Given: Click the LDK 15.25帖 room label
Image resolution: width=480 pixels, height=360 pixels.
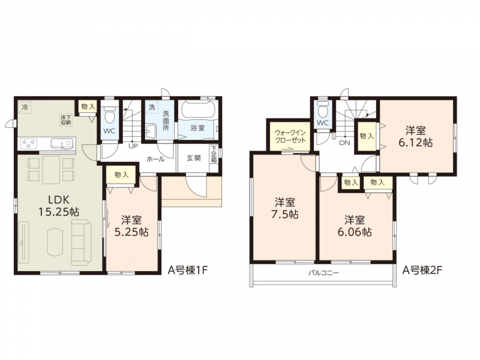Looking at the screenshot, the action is tap(59, 206).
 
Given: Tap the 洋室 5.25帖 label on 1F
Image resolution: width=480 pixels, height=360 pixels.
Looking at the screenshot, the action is tap(131, 226).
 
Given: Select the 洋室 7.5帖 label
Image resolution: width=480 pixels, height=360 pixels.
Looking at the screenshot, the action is tap(284, 208).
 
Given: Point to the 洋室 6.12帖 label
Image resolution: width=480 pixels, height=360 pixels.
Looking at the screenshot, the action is tap(415, 137).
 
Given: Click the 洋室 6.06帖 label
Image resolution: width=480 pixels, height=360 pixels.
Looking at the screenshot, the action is tap(355, 226).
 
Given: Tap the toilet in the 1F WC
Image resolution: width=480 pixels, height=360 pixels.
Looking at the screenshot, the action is tap(109, 114).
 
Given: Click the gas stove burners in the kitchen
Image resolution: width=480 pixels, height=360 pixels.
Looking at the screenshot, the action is tap(28, 143).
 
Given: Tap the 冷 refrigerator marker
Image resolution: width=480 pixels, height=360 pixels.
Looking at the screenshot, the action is tap(25, 108).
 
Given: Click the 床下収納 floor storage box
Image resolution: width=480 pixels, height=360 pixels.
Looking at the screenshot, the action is tap(66, 119).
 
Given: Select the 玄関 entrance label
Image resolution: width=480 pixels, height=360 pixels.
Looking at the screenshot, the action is tap(194, 158).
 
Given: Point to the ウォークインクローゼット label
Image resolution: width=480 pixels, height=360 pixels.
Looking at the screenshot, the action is tap(290, 137).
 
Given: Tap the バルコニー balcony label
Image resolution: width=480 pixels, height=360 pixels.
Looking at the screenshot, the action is tap(323, 273).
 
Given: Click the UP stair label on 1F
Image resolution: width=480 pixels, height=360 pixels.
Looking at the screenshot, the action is tap(133, 146).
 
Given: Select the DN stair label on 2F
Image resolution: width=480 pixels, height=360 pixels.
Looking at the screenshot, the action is tap(344, 143).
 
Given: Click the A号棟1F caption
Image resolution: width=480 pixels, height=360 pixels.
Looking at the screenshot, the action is tap(188, 271).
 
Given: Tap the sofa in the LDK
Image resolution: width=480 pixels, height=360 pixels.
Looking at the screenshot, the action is tap(82, 242).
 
